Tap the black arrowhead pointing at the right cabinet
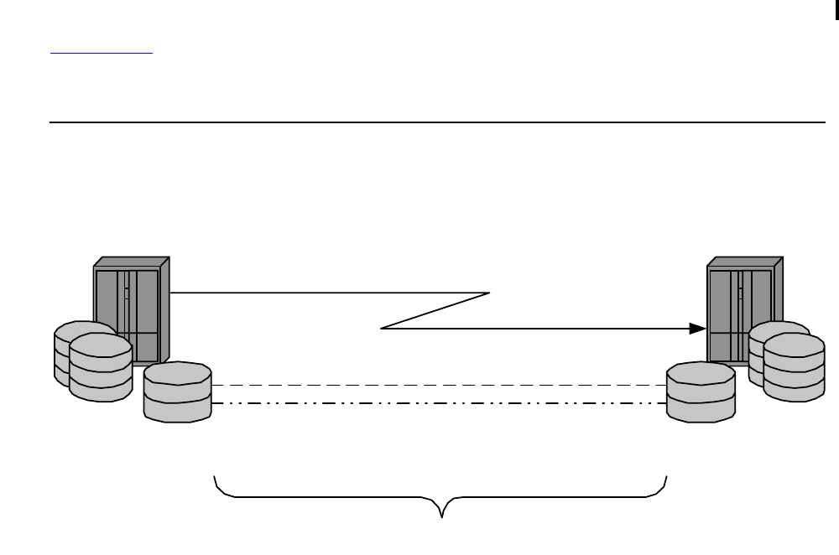coord(697,329)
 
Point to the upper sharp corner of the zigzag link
coord(488,293)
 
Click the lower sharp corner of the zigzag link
coord(383,329)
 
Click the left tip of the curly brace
coord(216,477)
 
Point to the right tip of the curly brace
coord(667,477)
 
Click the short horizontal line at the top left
coord(102,53)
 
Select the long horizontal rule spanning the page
coord(436,122)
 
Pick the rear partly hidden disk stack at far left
coord(62,352)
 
